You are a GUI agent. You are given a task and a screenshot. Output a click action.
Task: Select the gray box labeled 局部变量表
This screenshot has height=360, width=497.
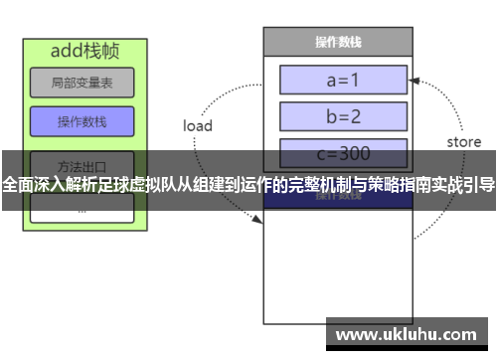click(x=82, y=84)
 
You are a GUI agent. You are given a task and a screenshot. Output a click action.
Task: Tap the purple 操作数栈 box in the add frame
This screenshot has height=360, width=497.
click(x=82, y=122)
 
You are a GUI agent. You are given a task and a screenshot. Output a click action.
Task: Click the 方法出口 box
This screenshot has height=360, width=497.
click(x=82, y=163)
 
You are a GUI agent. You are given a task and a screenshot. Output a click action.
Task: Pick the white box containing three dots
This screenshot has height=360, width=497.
click(x=82, y=209)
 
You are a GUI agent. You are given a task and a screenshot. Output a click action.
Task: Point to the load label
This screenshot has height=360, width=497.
click(x=198, y=126)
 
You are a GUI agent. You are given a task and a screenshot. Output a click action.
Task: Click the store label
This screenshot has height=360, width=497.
click(x=463, y=142)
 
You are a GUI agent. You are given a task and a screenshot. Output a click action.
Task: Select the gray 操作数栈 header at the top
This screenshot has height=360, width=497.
click(x=337, y=42)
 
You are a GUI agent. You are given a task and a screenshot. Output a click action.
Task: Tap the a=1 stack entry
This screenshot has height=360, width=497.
click(x=343, y=80)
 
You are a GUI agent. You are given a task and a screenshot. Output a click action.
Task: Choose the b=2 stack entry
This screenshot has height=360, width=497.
click(x=343, y=116)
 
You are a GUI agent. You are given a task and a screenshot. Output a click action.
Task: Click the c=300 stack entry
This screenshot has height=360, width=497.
click(x=343, y=152)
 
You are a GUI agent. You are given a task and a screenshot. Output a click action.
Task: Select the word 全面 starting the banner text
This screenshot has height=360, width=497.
click(x=17, y=185)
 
